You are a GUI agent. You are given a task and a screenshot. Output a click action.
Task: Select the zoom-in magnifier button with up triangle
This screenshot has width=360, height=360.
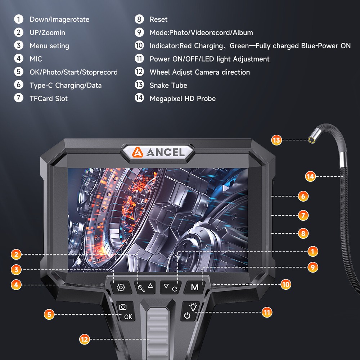(145, 287)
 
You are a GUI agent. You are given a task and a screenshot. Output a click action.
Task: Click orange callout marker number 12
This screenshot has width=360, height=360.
(84, 339)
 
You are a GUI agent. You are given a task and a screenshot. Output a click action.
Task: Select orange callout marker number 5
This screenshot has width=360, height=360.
(49, 314)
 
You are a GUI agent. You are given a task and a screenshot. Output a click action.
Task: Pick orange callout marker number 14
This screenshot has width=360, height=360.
(310, 176)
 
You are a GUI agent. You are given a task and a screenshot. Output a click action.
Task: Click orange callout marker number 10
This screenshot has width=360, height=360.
(285, 284)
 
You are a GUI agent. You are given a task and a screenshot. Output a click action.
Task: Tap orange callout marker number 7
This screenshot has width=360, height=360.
(303, 215)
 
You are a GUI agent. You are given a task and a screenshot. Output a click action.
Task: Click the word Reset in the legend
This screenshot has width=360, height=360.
(158, 19)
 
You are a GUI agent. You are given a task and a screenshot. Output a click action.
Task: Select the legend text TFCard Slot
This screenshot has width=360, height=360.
(49, 99)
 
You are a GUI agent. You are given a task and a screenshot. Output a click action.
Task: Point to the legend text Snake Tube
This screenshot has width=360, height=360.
(168, 85)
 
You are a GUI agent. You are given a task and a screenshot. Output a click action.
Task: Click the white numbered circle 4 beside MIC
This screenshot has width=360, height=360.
(19, 59)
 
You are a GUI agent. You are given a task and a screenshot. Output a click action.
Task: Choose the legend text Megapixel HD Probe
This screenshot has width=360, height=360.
(183, 99)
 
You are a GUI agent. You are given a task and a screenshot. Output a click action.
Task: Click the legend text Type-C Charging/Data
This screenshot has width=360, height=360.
(66, 85)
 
